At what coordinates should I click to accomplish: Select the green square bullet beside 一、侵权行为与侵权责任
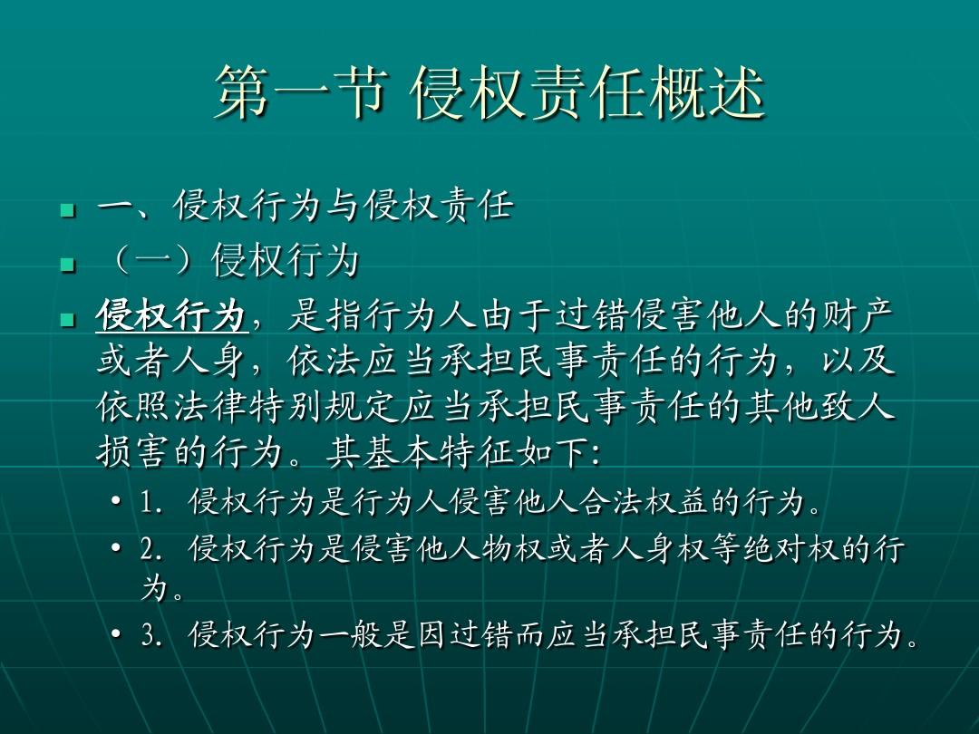[65, 211]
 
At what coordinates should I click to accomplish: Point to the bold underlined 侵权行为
[171, 318]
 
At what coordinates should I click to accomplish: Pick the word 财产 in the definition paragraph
[858, 318]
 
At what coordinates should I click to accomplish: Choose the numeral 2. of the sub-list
[151, 550]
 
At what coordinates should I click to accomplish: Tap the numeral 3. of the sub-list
[151, 636]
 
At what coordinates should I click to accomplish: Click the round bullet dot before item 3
[117, 635]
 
